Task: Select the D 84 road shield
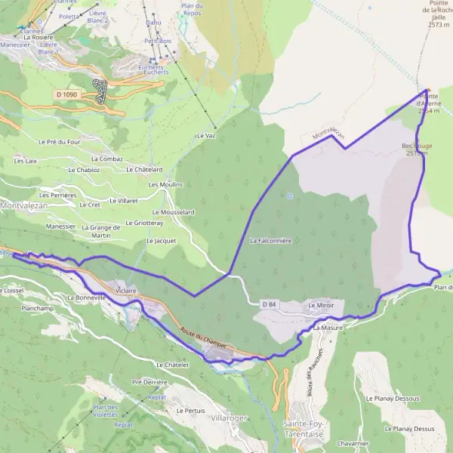pyautogui.click(x=270, y=304)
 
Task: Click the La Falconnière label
pyautogui.click(x=270, y=240)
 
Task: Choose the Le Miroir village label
pyautogui.click(x=321, y=305)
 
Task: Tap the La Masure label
pyautogui.click(x=328, y=329)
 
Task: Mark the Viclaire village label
pyautogui.click(x=126, y=290)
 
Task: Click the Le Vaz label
pyautogui.click(x=205, y=135)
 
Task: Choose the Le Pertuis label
pyautogui.click(x=190, y=410)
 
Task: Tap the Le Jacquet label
pyautogui.click(x=161, y=240)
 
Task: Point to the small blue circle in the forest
pyautogui.click(x=289, y=196)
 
